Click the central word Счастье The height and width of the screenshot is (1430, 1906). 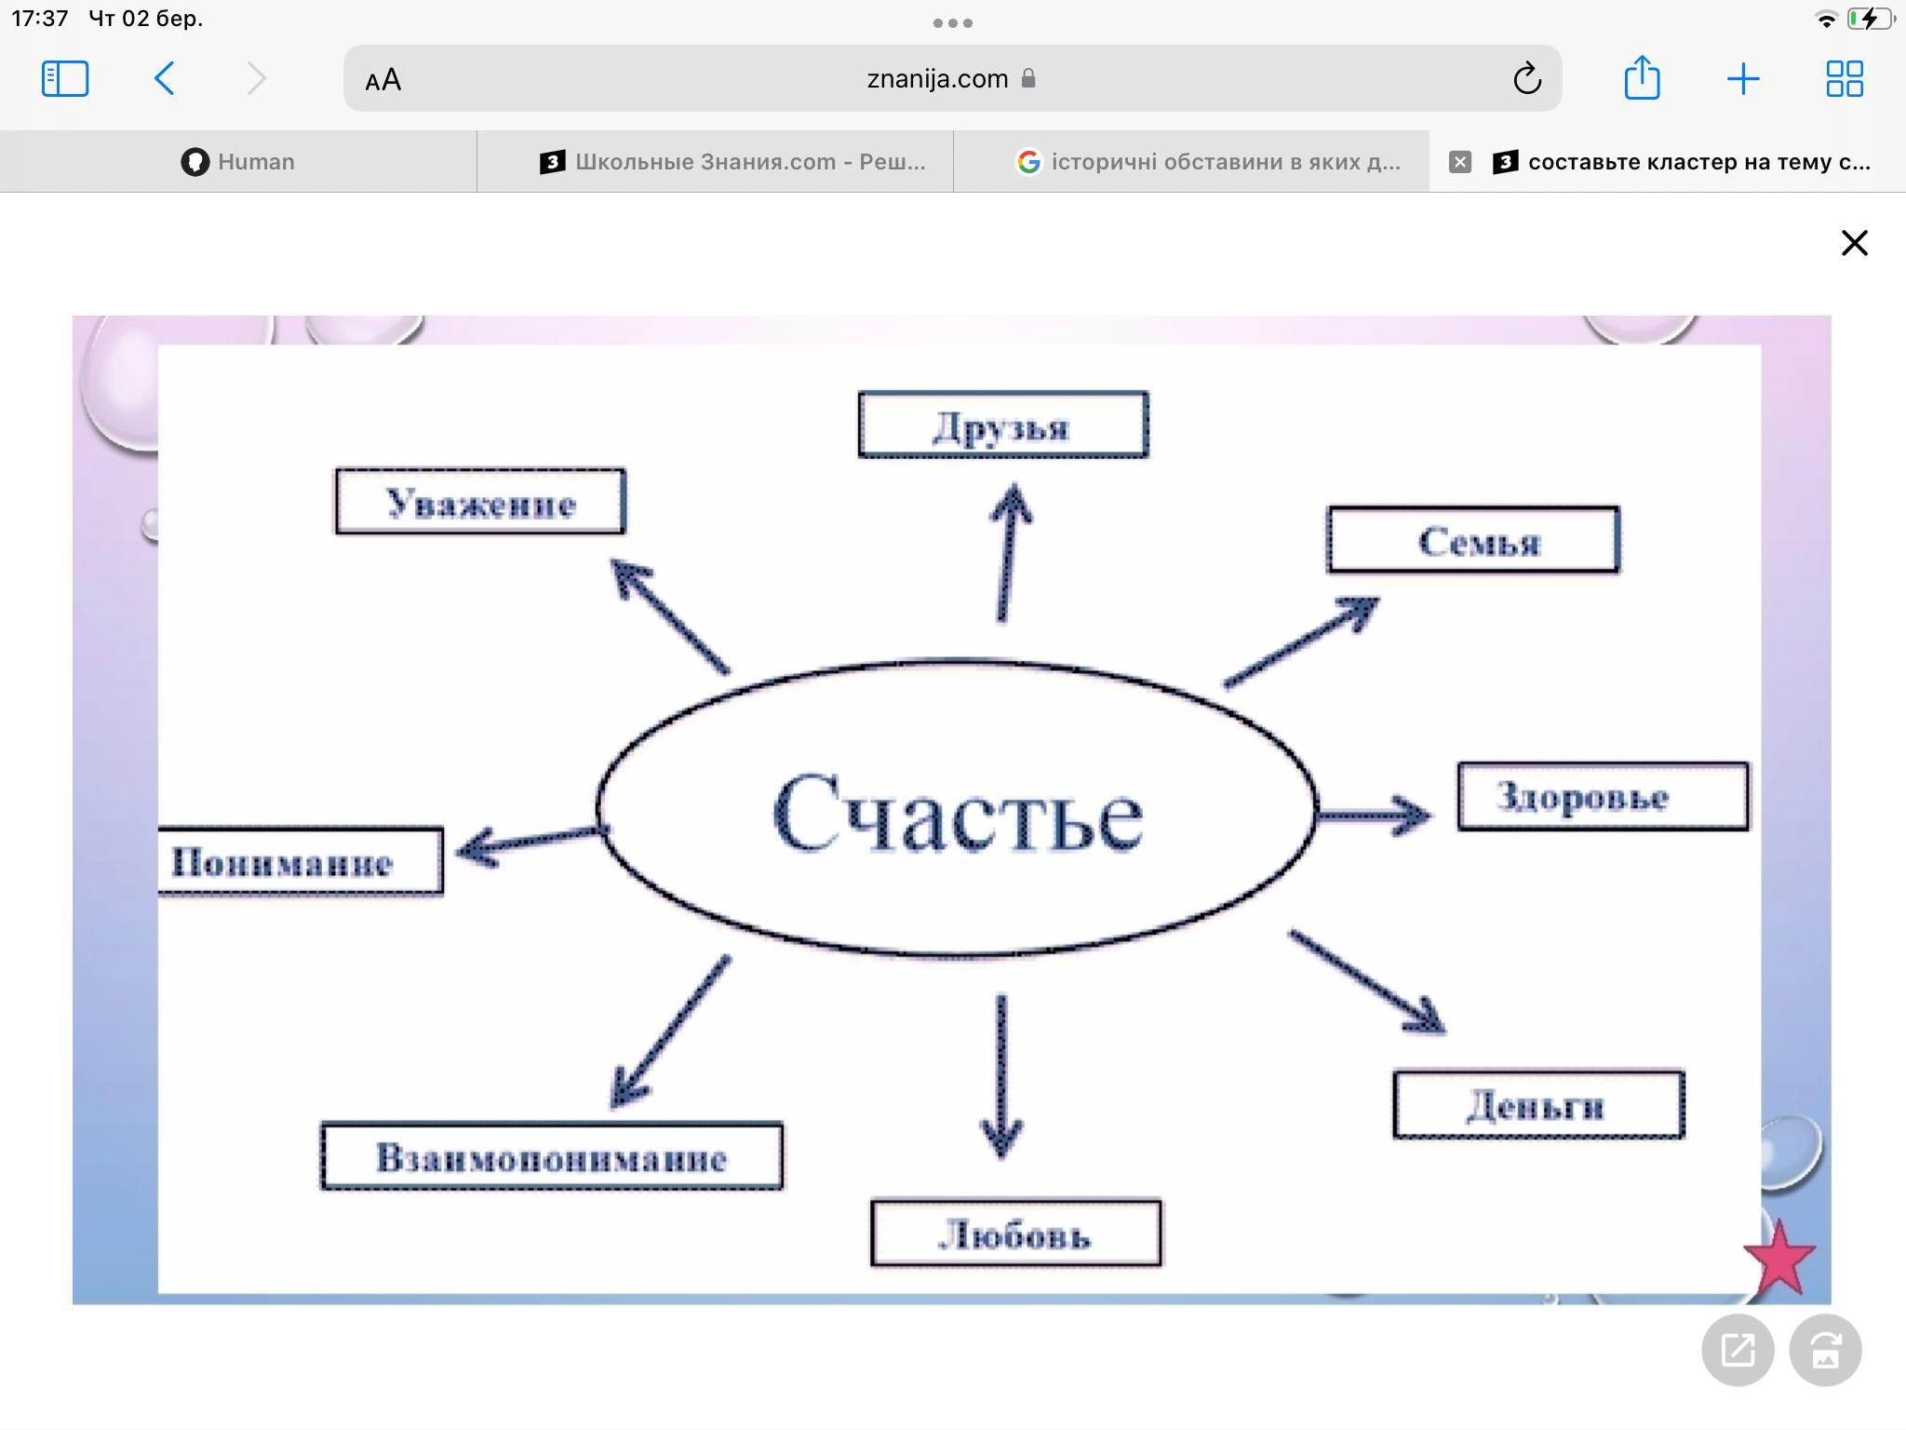pyautogui.click(x=958, y=812)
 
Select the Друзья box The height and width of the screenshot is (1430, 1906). pyautogui.click(x=1003, y=425)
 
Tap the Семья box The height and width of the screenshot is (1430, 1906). pyautogui.click(x=1473, y=539)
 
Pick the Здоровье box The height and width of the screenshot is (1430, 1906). pyautogui.click(x=1603, y=796)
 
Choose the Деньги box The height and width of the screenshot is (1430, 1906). pyautogui.click(x=1538, y=1104)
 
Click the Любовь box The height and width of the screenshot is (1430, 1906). pyautogui.click(x=1016, y=1233)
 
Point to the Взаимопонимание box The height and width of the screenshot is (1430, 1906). pyautogui.click(x=552, y=1155)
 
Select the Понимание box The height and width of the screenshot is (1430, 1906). pyautogui.click(x=300, y=861)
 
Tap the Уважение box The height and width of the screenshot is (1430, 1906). pyautogui.click(x=480, y=502)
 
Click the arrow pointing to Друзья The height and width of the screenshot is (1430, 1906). pyautogui.click(x=1008, y=551)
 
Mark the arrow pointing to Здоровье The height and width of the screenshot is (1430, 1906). pyautogui.click(x=1374, y=816)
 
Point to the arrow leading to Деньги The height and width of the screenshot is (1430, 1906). pyautogui.click(x=1367, y=981)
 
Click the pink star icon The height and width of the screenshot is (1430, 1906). pyautogui.click(x=1779, y=1258)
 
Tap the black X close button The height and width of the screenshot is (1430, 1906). pyautogui.click(x=1854, y=243)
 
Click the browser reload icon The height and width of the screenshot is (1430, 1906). pyautogui.click(x=1526, y=78)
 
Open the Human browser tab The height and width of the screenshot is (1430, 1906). pyautogui.click(x=238, y=162)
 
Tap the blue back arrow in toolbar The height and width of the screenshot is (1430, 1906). pyautogui.click(x=165, y=78)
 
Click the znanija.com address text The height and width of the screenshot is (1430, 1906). pyautogui.click(x=937, y=79)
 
